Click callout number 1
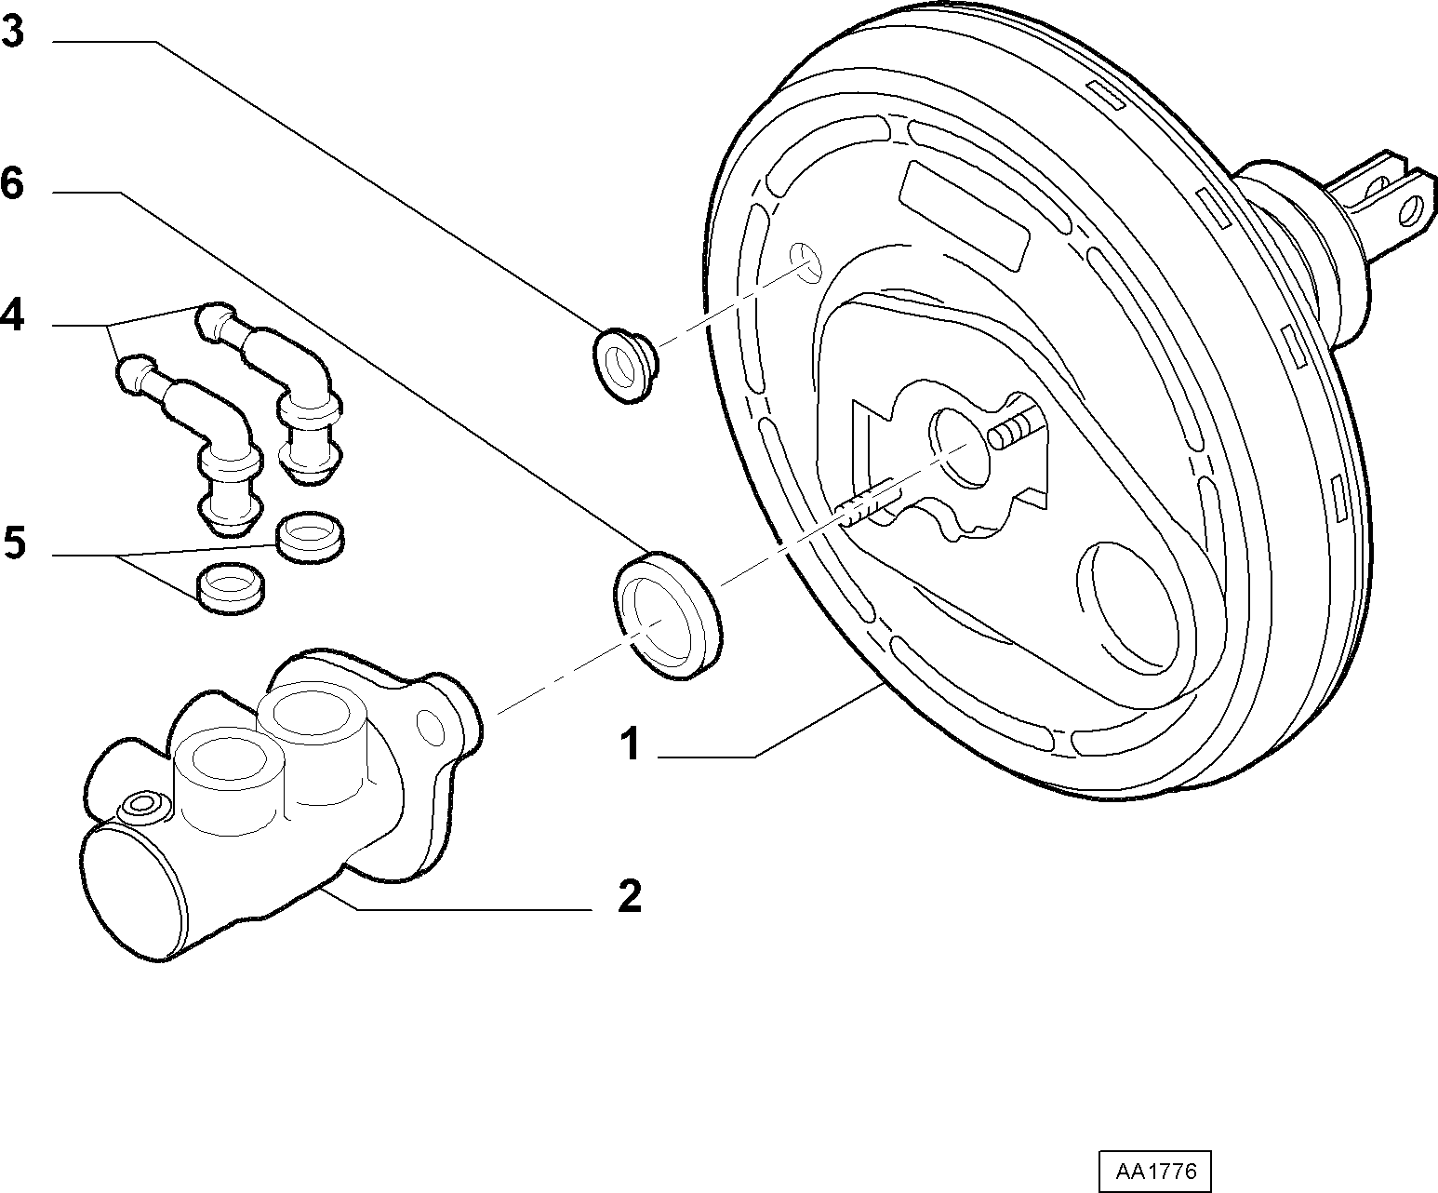point(630,745)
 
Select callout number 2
point(630,896)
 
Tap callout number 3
point(13,33)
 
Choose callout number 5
point(14,543)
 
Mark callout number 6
point(13,184)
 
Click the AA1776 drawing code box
point(1155,1171)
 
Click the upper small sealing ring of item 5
point(310,538)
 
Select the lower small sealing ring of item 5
point(232,588)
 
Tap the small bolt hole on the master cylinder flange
point(432,728)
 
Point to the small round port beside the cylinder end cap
point(143,803)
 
